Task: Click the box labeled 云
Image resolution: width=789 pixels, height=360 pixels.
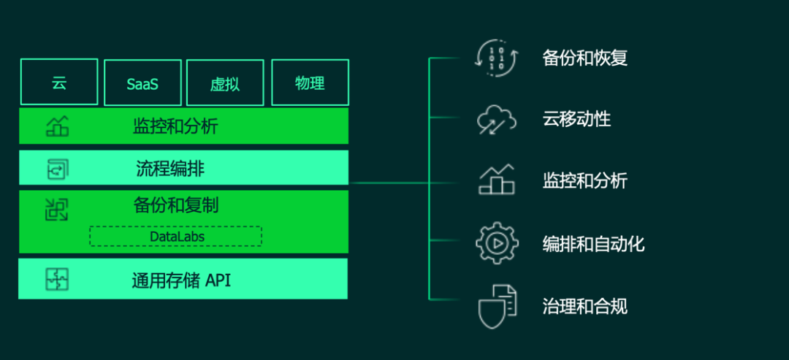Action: (59, 83)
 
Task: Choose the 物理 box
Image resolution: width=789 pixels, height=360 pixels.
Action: (310, 83)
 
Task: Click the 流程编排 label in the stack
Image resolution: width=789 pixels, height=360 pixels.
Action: (170, 169)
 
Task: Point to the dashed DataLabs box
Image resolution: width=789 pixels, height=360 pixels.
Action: (176, 237)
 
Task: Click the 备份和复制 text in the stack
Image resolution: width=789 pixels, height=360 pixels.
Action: (176, 205)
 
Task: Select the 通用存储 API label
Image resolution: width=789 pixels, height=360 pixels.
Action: (181, 280)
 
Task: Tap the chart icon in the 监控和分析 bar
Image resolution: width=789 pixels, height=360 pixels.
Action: (57, 126)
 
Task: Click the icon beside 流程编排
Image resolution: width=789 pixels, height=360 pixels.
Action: (57, 169)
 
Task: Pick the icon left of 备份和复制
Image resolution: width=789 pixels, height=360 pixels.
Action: (56, 210)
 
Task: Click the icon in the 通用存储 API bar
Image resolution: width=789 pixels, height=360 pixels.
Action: (56, 279)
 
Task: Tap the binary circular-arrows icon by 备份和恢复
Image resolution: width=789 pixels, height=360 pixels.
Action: (496, 57)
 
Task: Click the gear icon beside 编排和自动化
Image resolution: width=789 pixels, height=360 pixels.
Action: (497, 243)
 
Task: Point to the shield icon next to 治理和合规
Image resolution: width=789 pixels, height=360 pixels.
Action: (497, 306)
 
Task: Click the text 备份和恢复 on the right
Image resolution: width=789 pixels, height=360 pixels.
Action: (585, 58)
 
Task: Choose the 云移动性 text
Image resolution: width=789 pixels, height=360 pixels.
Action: (576, 119)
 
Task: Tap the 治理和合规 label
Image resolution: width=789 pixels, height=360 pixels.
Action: (584, 306)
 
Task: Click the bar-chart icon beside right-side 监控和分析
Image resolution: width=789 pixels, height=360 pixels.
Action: (497, 180)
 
